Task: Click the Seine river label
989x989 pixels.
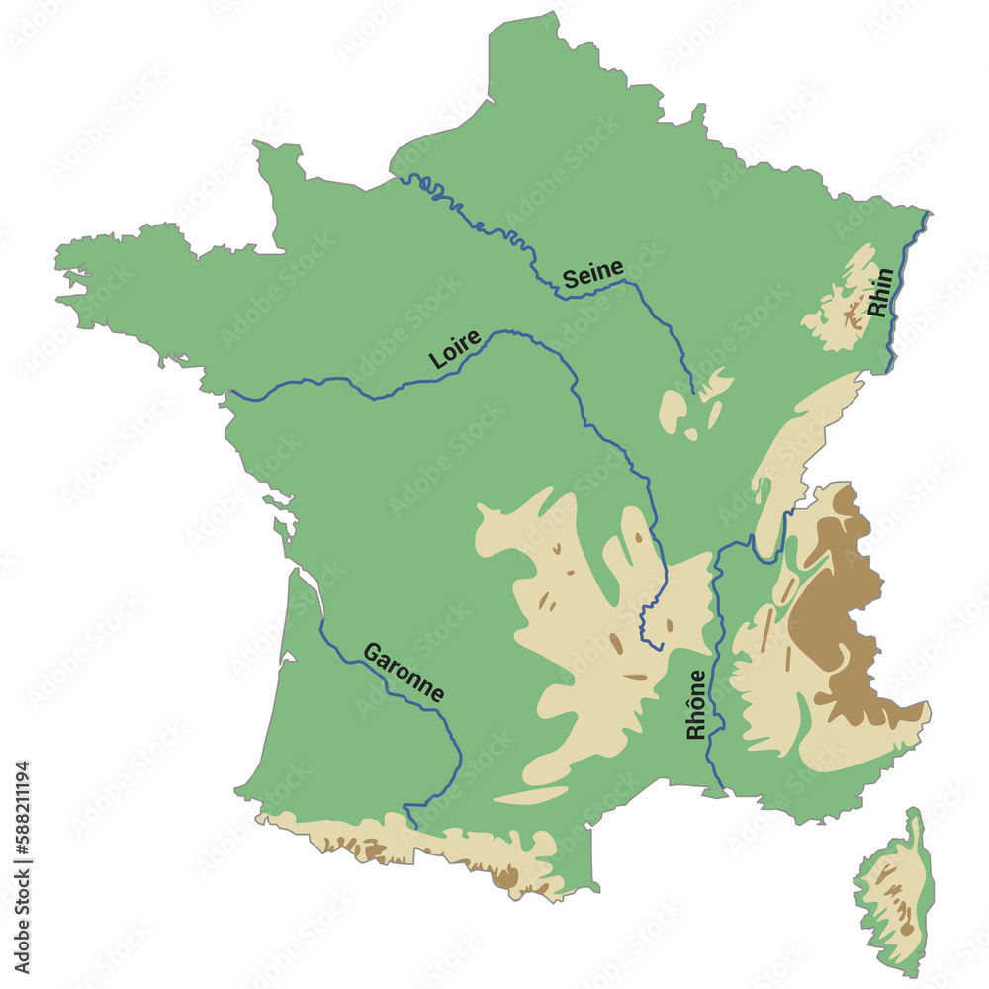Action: coord(593,273)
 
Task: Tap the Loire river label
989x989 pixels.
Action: coord(455,349)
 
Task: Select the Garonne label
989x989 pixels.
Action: coord(404,673)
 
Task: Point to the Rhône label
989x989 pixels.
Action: coord(696,704)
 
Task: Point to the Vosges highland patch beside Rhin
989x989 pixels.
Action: coord(841,307)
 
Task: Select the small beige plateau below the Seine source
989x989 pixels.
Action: coord(676,409)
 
